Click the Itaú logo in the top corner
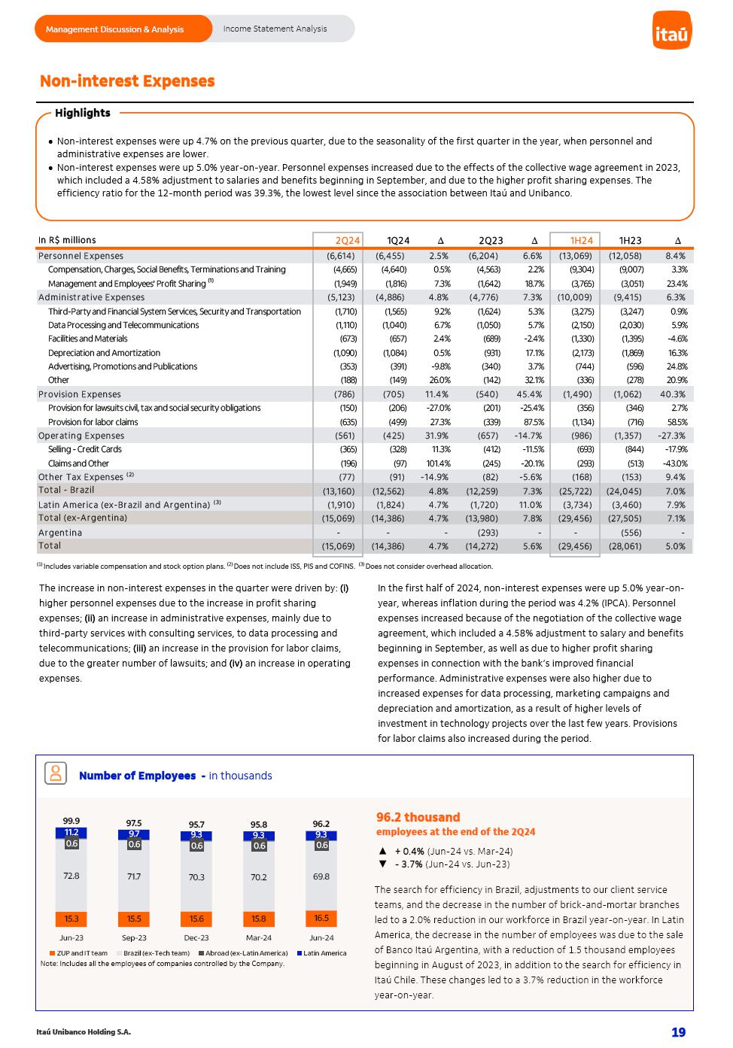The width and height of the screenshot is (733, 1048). click(671, 33)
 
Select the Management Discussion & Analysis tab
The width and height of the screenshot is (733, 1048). click(114, 29)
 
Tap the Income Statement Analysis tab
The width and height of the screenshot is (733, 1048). click(275, 29)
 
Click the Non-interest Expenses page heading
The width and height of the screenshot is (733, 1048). click(127, 81)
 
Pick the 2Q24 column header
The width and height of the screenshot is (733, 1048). click(348, 241)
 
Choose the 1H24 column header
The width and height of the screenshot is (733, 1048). click(581, 241)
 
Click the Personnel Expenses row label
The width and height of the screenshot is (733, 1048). click(81, 256)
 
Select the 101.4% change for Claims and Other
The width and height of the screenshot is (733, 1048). click(436, 463)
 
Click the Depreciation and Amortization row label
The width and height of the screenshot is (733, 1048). click(104, 353)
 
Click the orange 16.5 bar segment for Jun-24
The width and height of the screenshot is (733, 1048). click(321, 918)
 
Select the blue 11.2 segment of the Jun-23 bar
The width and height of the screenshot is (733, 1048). click(71, 832)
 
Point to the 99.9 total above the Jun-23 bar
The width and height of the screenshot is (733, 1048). click(71, 821)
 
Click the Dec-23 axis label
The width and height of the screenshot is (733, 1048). click(196, 937)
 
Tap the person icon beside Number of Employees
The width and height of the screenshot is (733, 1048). click(56, 773)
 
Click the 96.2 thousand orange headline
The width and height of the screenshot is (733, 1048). click(418, 817)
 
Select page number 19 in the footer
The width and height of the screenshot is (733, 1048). click(678, 1032)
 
